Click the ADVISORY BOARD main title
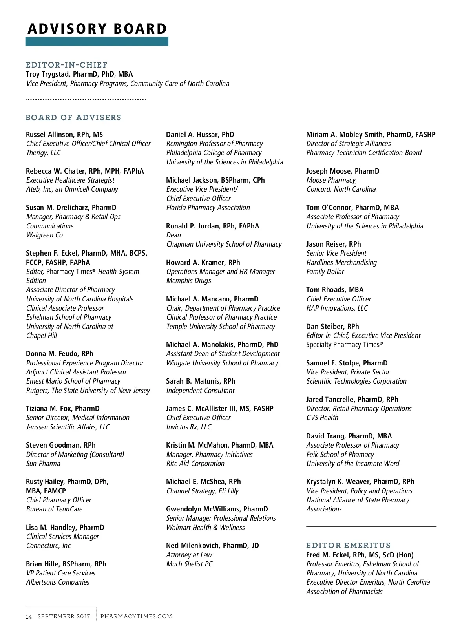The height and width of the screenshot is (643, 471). [x=97, y=29]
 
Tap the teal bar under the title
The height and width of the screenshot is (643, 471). [x=97, y=41]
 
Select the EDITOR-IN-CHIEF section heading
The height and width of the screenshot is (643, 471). [x=67, y=65]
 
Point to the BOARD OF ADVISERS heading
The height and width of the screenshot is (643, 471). [x=73, y=117]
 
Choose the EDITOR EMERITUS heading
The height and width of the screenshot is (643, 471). [x=349, y=545]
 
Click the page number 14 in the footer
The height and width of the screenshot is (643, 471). [x=29, y=617]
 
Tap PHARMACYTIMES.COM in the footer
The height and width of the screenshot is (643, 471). [x=136, y=616]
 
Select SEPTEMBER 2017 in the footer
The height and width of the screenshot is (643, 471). [x=64, y=616]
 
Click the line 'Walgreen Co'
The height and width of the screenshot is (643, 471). [x=44, y=235]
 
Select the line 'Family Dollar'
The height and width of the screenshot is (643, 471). [x=325, y=272]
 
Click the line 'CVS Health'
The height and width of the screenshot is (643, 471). [x=322, y=418]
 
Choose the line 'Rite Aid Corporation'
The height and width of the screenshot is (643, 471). [x=195, y=464]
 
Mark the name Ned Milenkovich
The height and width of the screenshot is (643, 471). [x=192, y=546]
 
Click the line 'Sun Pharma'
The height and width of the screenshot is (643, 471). [x=43, y=464]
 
